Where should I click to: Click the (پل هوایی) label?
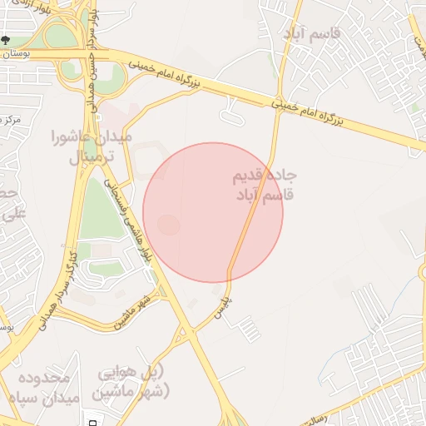point(133,371)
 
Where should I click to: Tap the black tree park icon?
point(7,40)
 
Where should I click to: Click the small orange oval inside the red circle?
point(169,225)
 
